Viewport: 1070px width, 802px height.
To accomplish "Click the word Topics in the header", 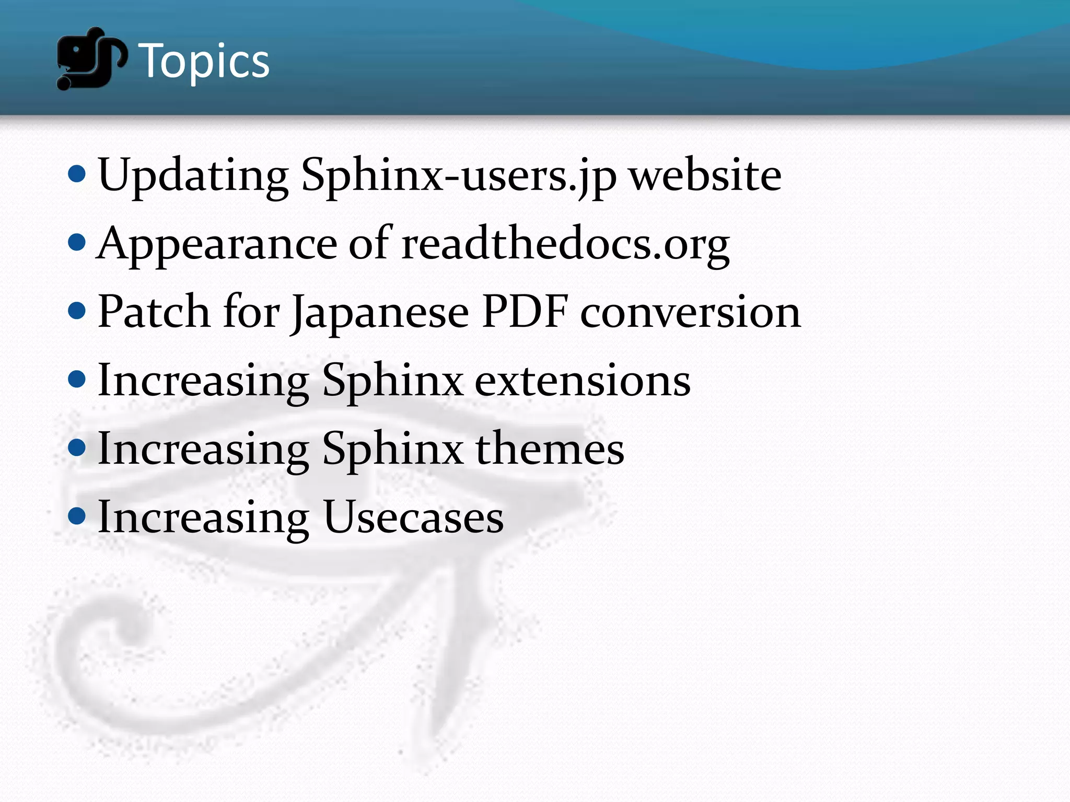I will click(204, 62).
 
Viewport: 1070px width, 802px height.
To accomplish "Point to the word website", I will click(705, 175).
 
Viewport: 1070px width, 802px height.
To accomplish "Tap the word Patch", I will click(154, 312).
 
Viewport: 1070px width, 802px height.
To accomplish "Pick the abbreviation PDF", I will click(525, 312).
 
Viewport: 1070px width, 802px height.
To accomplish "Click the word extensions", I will click(582, 381).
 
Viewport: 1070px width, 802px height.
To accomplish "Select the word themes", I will click(549, 449).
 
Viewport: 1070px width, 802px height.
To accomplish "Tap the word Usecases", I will click(413, 517).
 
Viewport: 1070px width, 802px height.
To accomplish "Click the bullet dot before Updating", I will click(77, 174).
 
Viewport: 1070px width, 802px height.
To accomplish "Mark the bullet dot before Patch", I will click(77, 311).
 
